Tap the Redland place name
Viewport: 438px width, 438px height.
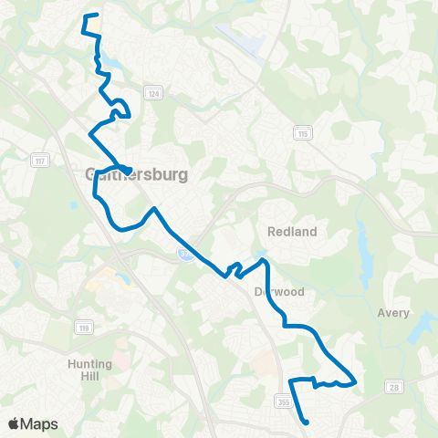coord(292,232)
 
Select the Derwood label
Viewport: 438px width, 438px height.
coord(293,293)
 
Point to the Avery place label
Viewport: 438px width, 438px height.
coord(393,313)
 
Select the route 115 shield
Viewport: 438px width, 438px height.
coord(301,134)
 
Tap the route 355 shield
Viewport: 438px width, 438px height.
coord(282,399)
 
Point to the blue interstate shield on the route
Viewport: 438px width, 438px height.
coord(184,255)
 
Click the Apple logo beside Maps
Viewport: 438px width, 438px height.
coord(13,423)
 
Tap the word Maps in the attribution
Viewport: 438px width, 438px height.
coord(39,423)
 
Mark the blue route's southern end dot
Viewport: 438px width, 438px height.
coord(307,422)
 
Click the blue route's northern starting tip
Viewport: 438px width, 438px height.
coord(86,16)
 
